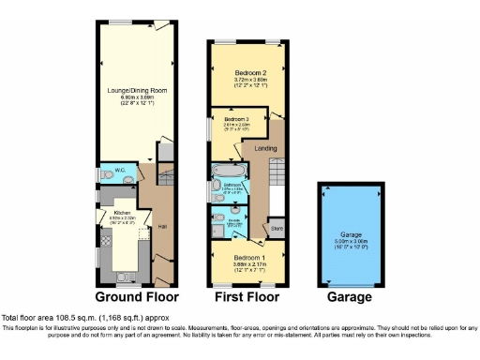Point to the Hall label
click(162, 227)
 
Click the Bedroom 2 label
click(250, 73)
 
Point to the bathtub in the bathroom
click(228, 173)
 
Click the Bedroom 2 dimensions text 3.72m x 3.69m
click(250, 82)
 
